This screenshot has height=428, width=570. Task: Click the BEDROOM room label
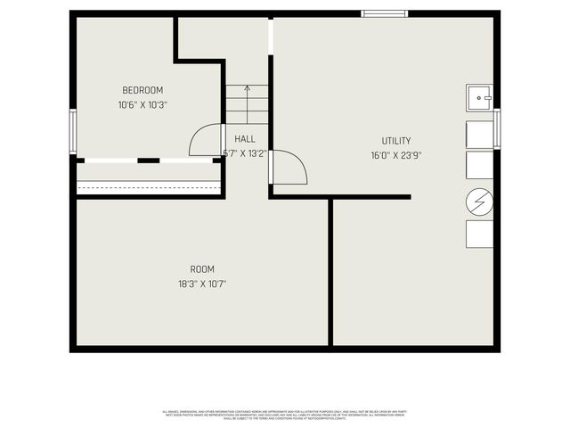point(142,90)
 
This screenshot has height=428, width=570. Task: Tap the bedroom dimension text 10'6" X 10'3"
point(142,104)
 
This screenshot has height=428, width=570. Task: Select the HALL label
point(245,139)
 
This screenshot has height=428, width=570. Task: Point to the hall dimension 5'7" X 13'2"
point(245,153)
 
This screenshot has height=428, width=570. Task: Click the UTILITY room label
point(396,141)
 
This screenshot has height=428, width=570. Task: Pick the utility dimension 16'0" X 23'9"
point(396,155)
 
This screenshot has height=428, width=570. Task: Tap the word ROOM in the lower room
point(202,269)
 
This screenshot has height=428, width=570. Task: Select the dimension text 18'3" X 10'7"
point(202,284)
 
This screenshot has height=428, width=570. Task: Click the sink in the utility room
point(480,96)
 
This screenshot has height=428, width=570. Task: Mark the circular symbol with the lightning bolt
point(479,202)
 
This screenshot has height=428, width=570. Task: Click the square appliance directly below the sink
point(479,133)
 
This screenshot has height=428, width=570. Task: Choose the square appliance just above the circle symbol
point(479,165)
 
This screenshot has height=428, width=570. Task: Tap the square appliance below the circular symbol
point(479,234)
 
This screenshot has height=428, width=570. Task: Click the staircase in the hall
point(247,104)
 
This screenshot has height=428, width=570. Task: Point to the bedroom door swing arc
point(205,140)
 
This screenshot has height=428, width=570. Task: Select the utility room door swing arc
point(289,168)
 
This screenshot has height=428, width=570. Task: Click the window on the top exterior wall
point(385,13)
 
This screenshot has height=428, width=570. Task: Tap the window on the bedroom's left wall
point(74,131)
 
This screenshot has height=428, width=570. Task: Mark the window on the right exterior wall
point(497,129)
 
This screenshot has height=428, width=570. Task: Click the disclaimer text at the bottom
point(284,415)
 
